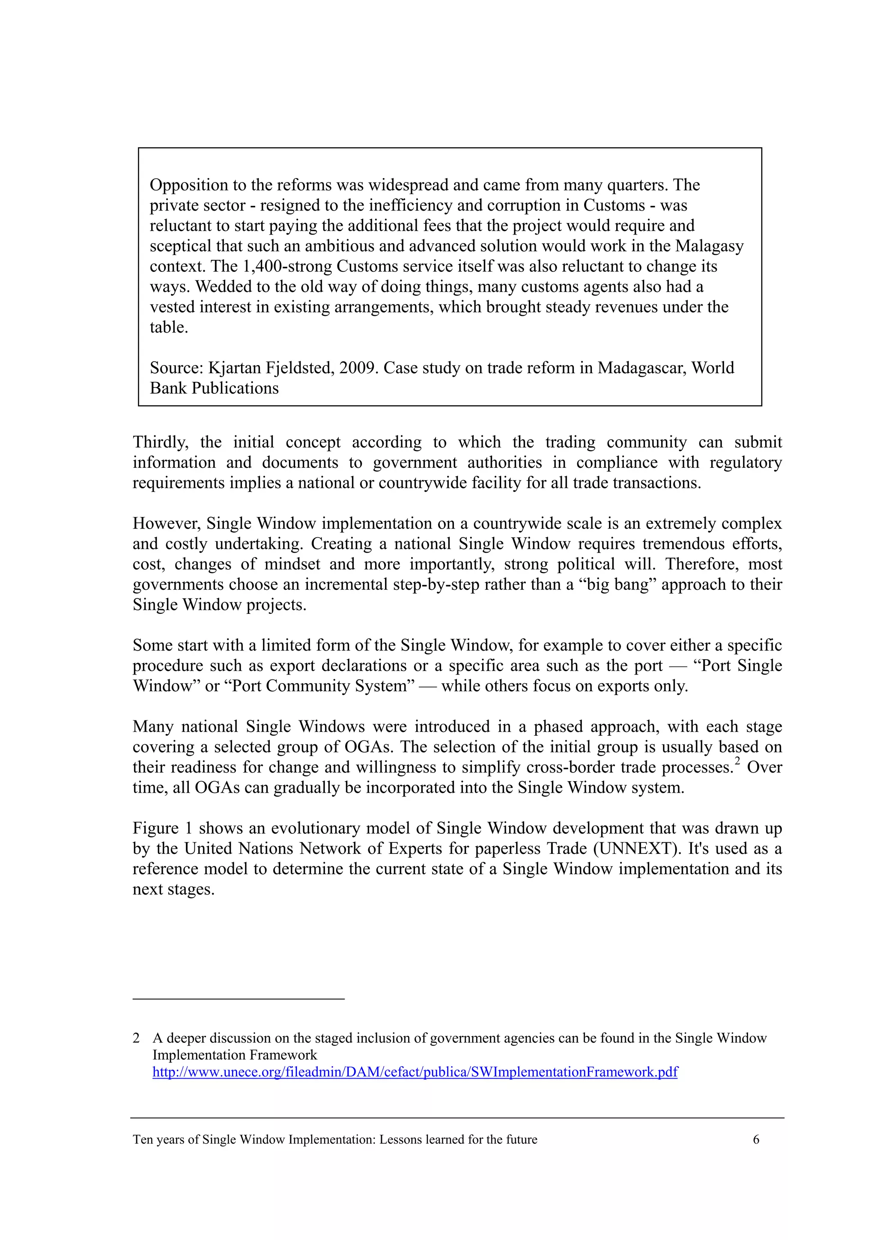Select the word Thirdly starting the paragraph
161,442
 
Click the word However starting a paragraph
167,524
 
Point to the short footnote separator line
238,999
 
